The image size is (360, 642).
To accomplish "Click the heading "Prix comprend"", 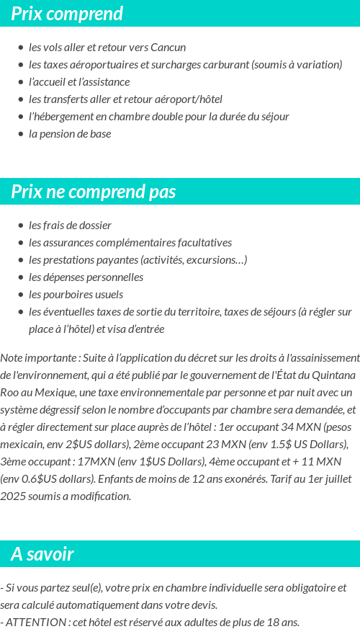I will click(x=67, y=14).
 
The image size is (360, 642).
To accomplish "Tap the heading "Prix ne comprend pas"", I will click(x=94, y=192).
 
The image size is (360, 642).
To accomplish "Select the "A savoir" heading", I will click(x=42, y=554).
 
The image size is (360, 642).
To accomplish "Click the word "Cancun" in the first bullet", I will click(x=168, y=48).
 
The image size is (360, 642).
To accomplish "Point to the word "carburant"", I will click(x=225, y=65).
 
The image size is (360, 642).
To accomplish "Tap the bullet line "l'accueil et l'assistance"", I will click(x=79, y=82).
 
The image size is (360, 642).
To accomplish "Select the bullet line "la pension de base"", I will click(x=70, y=134).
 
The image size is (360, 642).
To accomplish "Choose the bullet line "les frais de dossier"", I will click(x=70, y=226).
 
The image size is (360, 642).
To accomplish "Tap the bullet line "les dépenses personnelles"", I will click(x=86, y=277).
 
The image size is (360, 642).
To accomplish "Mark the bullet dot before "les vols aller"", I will click(x=21, y=48).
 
